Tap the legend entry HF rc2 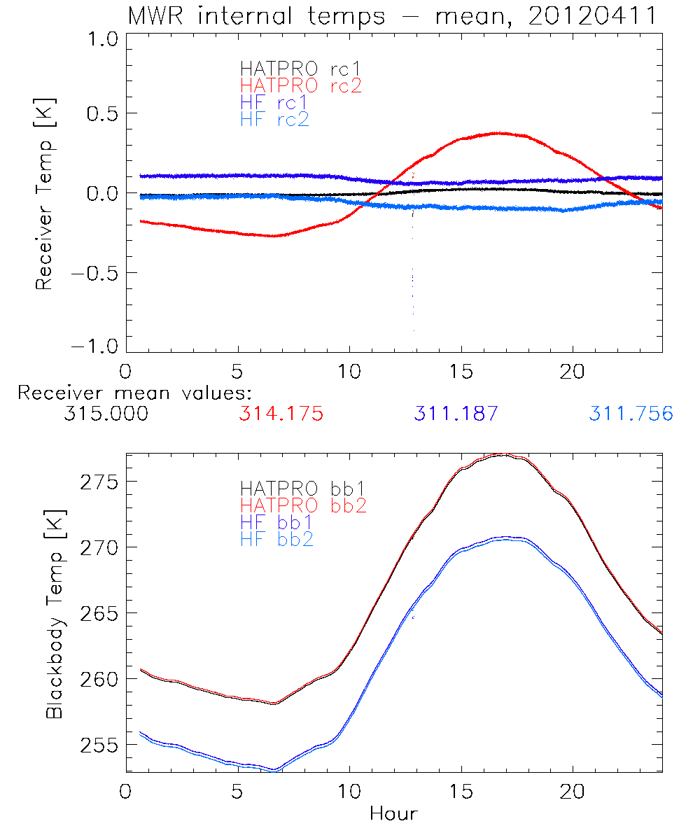coord(274,119)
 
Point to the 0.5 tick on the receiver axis coord(99,113)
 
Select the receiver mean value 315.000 coord(106,414)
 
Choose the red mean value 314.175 coord(281,414)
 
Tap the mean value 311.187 coord(456,414)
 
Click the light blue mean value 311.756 coord(631,414)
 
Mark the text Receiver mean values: coord(134,393)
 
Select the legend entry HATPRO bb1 coord(302,487)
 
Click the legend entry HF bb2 coord(276,539)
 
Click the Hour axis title coord(393,813)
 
